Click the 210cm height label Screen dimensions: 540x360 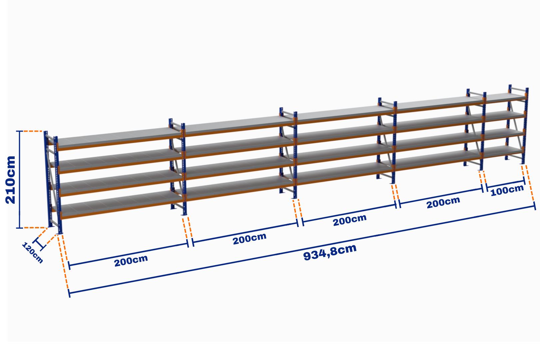point(11,180)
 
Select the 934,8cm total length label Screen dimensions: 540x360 point(330,252)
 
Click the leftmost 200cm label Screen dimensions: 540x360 point(131,261)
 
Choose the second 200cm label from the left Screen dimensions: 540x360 point(250,239)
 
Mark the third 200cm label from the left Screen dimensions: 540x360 point(350,220)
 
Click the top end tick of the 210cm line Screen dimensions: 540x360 point(20,131)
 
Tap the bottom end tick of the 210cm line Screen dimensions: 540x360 point(20,228)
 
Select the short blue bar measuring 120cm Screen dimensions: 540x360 point(39,244)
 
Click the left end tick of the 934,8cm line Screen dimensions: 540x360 point(69,293)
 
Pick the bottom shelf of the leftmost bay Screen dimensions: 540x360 point(121,205)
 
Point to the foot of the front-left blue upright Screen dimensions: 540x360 point(60,233)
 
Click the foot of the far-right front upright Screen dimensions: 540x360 point(523,163)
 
